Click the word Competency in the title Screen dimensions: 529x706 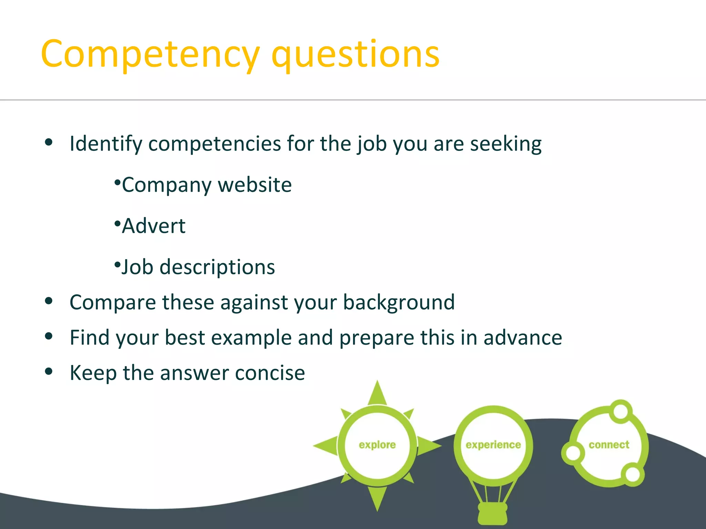(x=150, y=54)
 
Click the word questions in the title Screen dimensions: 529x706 (x=355, y=54)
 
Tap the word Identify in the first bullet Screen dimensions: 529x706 (x=106, y=144)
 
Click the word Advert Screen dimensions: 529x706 (x=154, y=226)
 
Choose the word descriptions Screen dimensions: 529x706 (x=217, y=267)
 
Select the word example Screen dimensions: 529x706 (x=251, y=338)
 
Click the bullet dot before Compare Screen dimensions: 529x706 (x=49, y=301)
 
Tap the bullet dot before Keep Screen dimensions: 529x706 (x=49, y=371)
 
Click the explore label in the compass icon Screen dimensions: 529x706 (x=377, y=445)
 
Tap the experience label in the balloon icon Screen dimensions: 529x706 (x=493, y=445)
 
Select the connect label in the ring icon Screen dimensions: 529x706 (x=609, y=445)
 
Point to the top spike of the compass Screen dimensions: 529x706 (x=377, y=393)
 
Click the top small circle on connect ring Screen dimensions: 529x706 (x=621, y=411)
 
